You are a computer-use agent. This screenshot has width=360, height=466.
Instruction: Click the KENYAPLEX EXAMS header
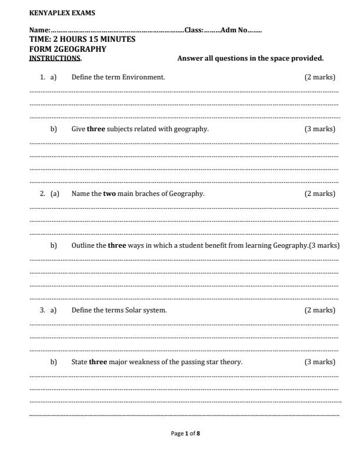coord(54,12)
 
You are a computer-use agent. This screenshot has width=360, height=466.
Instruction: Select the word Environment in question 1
coord(144,77)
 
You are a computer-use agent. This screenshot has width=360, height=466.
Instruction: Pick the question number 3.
coord(42,310)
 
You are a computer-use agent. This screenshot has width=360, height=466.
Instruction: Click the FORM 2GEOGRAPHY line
coord(68,49)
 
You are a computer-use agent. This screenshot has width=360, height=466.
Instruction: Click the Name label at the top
coord(39,31)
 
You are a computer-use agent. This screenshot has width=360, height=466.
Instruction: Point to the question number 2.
coord(42,194)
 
